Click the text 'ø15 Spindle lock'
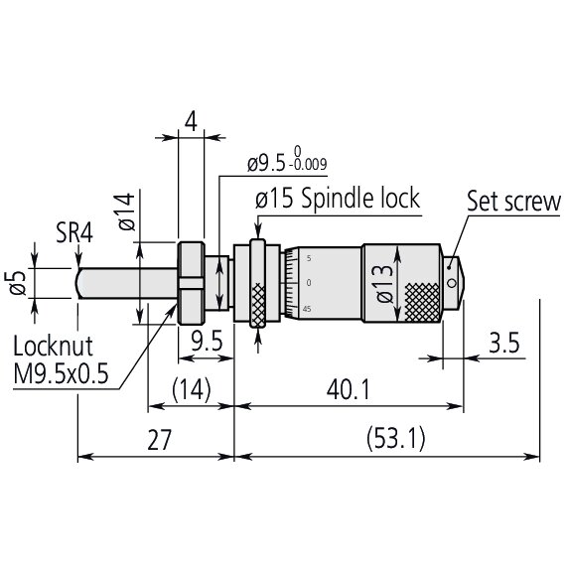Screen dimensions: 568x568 338,198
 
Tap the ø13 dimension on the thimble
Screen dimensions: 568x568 385,283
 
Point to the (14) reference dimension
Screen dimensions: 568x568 190,390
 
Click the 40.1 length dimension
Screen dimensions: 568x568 348,390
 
